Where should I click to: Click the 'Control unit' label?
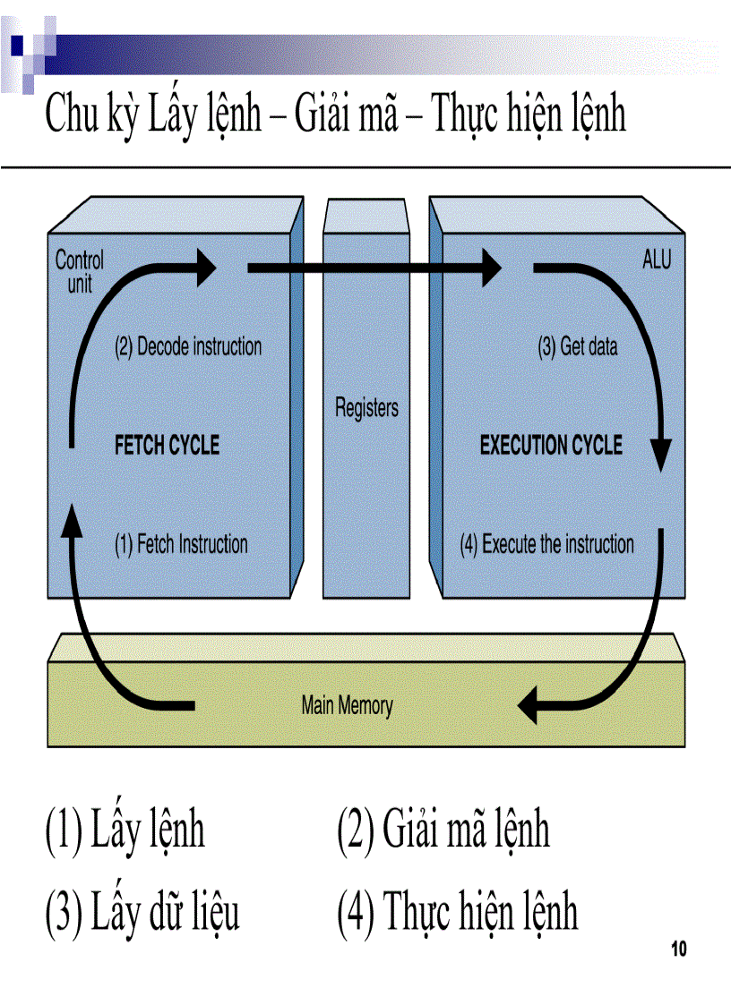click(79, 272)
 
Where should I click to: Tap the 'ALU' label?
click(656, 260)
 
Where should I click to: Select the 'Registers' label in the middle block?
click(366, 409)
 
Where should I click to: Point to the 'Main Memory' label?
click(347, 705)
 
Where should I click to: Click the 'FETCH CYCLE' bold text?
click(167, 445)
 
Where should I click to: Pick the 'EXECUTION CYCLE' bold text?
click(551, 445)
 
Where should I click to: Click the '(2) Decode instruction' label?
click(188, 347)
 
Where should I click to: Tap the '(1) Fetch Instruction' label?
click(181, 544)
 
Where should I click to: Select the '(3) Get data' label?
click(577, 347)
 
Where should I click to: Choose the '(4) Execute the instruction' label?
click(546, 544)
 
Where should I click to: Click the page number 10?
click(678, 950)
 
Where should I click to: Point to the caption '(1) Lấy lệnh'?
click(125, 830)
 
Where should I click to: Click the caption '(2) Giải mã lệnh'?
click(443, 830)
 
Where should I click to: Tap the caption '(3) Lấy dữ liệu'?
click(142, 913)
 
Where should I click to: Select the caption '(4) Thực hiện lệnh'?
click(457, 913)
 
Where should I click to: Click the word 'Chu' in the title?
click(71, 117)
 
